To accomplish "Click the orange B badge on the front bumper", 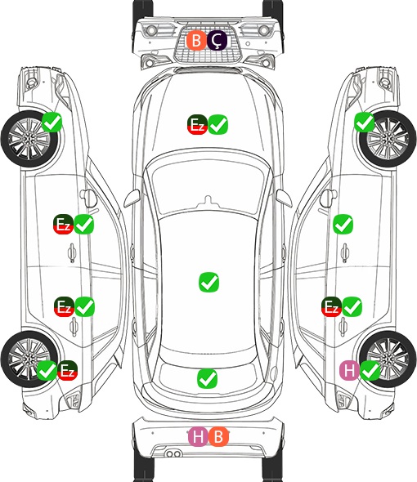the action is pos(196,40).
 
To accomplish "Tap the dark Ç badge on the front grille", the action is pos(217,40).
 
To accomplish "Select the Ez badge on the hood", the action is pos(197,124).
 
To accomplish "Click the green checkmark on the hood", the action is pos(218,124).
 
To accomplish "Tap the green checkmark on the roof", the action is pos(209,282).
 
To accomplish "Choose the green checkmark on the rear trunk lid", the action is pos(208,378).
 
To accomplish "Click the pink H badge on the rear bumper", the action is pos(198,436).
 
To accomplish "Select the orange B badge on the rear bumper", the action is pos(219,436).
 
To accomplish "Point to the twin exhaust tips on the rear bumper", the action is pos(173,454).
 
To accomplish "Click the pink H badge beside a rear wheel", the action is pos(349,370).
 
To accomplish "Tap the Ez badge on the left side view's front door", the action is pos(64,225).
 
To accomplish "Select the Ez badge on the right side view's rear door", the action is pos(331,307).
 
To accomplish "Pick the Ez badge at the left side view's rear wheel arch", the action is pos(67,370).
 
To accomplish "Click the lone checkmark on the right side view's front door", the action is pos(343,224).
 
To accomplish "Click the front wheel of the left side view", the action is pos(29,139).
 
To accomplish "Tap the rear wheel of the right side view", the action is pos(388,359).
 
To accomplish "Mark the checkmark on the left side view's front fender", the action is pos(52,122).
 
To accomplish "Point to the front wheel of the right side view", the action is pos(388,139).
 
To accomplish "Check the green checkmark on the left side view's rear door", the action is pos(85,307).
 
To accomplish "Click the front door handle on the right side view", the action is pos(345,252).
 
